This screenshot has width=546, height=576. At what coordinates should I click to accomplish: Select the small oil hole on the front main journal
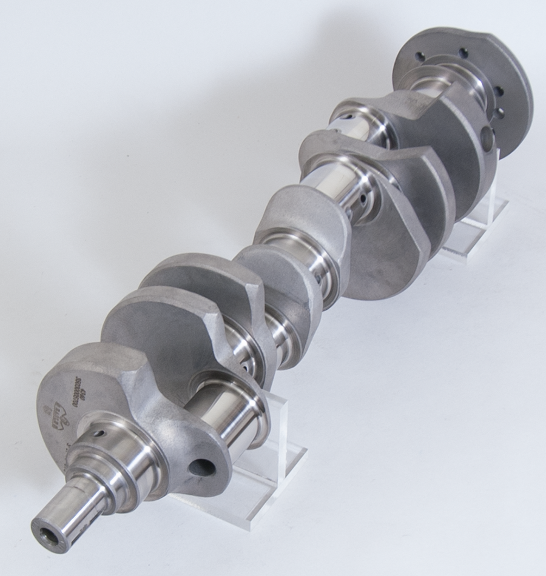99,434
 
